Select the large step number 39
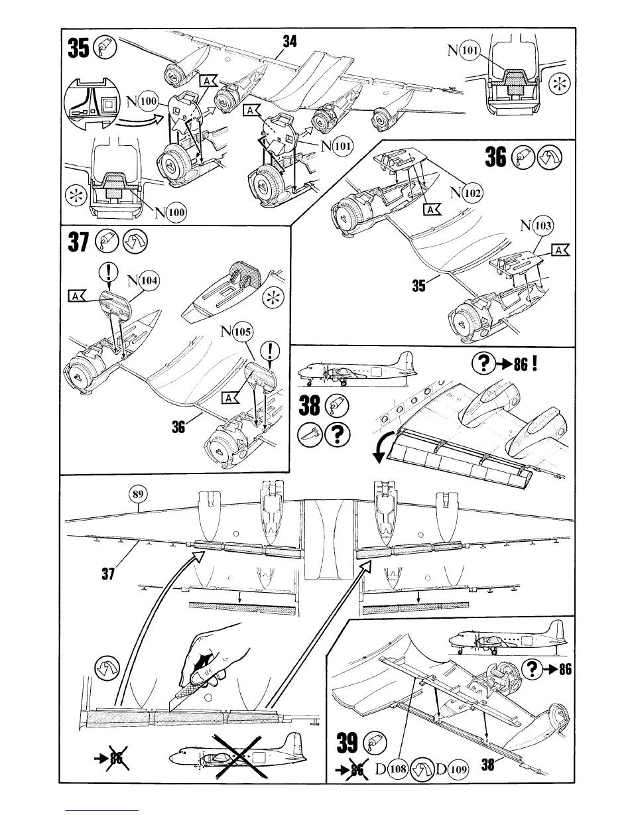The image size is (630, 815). [346, 743]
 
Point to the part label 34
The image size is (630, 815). [290, 42]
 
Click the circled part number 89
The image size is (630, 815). [137, 494]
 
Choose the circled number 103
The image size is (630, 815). [542, 226]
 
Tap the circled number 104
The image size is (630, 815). [150, 281]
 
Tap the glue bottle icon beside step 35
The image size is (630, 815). [106, 48]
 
